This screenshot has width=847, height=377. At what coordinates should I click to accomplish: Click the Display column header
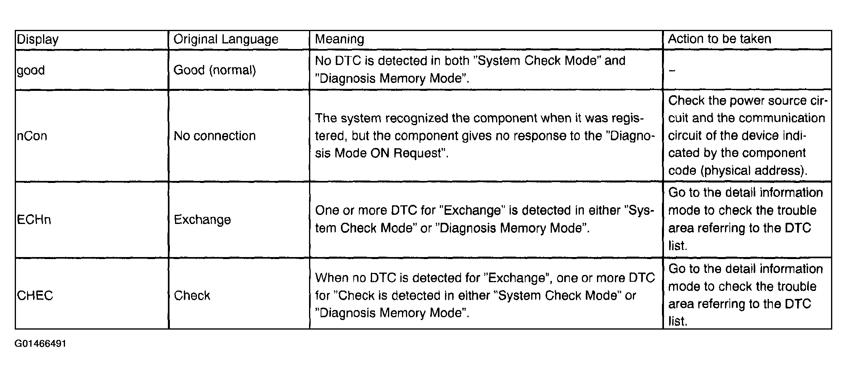(37, 39)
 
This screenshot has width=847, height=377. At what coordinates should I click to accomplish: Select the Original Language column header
(226, 39)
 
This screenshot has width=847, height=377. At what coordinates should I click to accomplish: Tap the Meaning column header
(339, 39)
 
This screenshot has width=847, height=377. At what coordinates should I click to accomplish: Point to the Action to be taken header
(719, 39)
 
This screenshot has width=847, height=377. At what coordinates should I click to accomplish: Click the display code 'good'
(31, 71)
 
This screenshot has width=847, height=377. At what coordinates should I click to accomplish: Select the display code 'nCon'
(32, 136)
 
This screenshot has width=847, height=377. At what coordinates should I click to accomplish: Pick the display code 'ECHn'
(34, 220)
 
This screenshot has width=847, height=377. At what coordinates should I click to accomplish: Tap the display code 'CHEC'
(35, 295)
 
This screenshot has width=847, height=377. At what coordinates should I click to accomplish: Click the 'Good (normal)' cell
(215, 70)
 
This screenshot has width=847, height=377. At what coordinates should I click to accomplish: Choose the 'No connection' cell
(215, 136)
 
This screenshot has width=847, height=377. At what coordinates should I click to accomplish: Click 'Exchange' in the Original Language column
(202, 220)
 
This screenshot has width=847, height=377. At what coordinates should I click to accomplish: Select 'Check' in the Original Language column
(192, 295)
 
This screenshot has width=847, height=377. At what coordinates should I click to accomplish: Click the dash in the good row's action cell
(672, 71)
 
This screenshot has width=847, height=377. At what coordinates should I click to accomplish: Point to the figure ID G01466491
(41, 344)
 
